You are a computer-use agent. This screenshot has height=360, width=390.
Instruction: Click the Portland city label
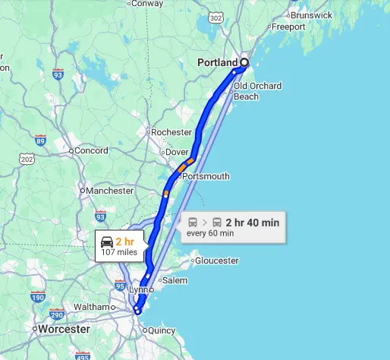click(216, 62)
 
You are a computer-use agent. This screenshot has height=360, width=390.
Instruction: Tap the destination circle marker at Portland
click(244, 63)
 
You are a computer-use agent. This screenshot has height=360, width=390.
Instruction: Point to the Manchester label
click(109, 191)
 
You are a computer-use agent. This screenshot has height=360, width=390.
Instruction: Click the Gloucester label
click(216, 261)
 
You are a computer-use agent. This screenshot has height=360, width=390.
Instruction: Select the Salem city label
click(175, 280)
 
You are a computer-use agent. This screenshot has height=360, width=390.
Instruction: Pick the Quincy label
click(162, 330)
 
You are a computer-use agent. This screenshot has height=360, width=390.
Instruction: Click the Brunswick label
click(311, 14)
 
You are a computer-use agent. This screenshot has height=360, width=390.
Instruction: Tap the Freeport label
click(288, 27)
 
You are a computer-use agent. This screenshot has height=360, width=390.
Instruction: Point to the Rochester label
click(171, 132)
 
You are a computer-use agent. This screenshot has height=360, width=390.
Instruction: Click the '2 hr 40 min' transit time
click(253, 223)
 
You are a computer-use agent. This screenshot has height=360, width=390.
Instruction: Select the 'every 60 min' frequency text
click(210, 233)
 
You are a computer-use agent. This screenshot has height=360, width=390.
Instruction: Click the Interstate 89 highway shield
click(40, 140)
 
